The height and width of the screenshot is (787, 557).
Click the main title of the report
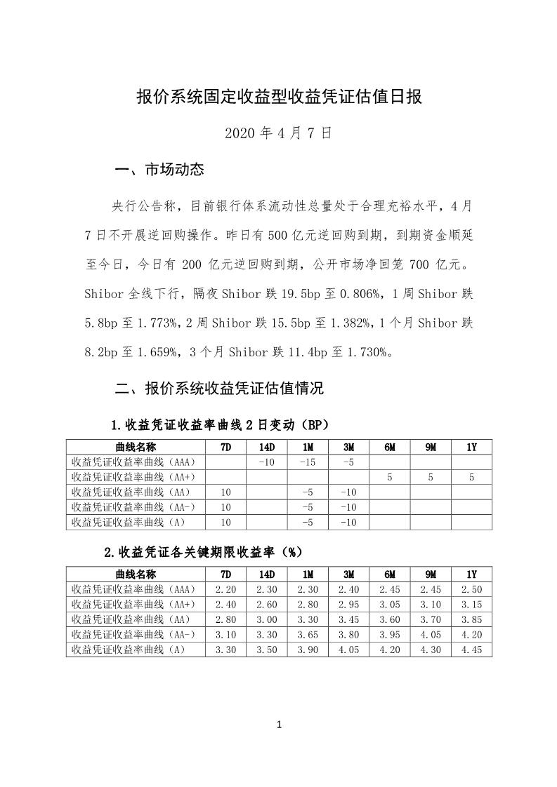278,97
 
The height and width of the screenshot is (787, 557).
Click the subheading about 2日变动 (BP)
221,426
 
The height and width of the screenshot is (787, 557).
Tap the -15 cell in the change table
308,462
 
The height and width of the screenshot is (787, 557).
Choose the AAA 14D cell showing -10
267,462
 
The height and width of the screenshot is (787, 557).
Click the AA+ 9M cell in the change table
431,478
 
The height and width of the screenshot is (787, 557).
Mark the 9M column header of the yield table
431,574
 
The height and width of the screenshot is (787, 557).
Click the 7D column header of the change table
225,447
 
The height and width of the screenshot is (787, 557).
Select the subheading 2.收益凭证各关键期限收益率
203,552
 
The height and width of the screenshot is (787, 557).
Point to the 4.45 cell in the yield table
471,650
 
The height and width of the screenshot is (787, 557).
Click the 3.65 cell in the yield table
308,635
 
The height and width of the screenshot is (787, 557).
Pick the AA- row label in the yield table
134,635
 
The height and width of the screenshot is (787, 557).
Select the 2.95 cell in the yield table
348,605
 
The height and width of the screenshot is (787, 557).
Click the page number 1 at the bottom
279,725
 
